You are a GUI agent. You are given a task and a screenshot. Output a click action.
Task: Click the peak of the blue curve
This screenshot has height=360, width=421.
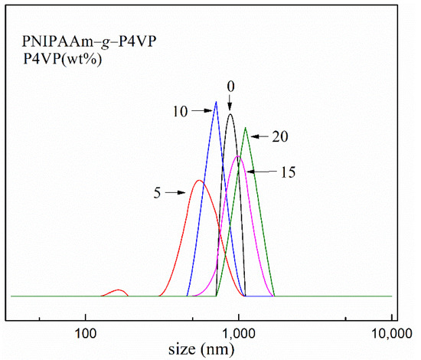pyautogui.click(x=217, y=102)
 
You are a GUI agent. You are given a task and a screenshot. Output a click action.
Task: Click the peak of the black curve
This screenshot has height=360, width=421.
pyautogui.click(x=230, y=114)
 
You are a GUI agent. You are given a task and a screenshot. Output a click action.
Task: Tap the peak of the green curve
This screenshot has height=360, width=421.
pyautogui.click(x=245, y=128)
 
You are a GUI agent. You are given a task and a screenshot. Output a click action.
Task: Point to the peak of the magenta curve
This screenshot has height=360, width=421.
pyautogui.click(x=239, y=156)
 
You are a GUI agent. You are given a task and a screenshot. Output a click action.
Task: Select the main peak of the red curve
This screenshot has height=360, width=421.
pyautogui.click(x=199, y=181)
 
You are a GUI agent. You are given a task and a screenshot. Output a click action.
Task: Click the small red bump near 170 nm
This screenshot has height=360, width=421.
pyautogui.click(x=119, y=290)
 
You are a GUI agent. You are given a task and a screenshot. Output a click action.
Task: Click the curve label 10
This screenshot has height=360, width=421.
pyautogui.click(x=181, y=112)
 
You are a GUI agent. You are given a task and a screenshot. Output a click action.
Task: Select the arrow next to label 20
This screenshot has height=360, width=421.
pyautogui.click(x=259, y=136)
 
